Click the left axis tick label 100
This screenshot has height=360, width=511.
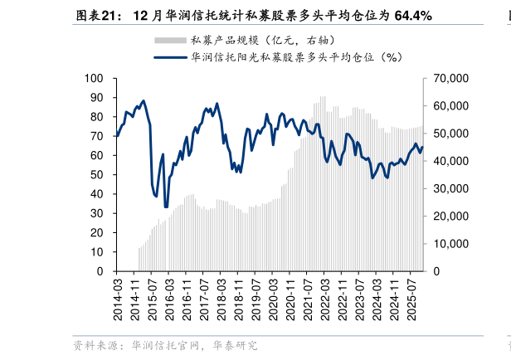94,79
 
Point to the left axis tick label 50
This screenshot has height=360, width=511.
97,175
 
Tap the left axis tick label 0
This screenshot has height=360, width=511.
100,271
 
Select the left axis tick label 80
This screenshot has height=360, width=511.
97,117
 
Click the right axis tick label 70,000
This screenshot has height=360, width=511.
451,79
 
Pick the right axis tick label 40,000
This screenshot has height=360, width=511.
451,161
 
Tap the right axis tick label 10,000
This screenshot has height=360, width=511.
451,244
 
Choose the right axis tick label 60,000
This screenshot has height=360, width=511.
451,106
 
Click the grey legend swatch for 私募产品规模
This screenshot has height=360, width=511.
170,40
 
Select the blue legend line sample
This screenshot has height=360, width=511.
170,57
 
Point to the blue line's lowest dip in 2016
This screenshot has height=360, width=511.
166,207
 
